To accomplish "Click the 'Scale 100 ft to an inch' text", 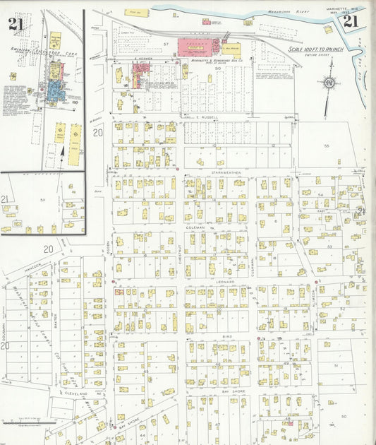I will pos(316,49).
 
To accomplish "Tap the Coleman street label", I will pos(195,227).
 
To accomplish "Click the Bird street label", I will pos(227,337).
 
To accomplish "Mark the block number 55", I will pos(326,145).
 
